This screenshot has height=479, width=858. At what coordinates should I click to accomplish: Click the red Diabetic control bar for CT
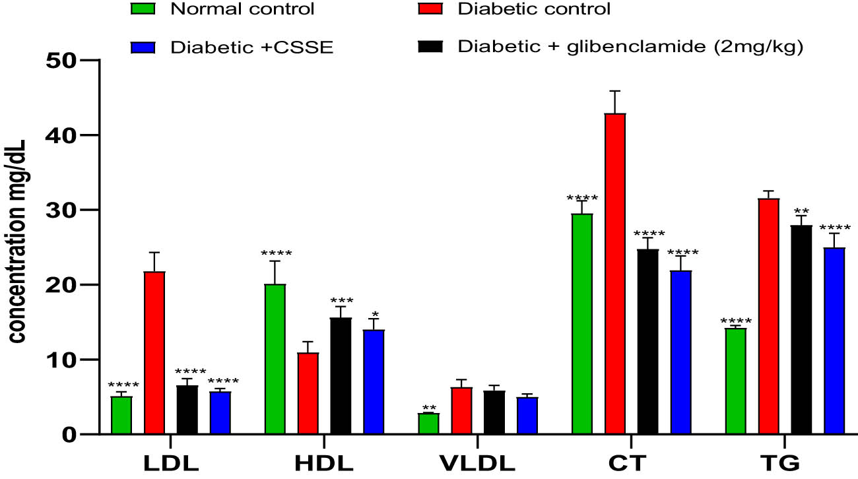pos(615,274)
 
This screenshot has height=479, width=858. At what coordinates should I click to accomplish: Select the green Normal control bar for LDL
pos(121,415)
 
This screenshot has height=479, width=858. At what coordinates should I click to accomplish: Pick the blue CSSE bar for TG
pos(834,340)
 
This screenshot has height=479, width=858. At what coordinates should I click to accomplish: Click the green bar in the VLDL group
pos(428,424)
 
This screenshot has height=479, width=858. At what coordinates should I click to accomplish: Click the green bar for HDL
pos(275,359)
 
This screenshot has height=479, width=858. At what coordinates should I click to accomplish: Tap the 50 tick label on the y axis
pos(62,60)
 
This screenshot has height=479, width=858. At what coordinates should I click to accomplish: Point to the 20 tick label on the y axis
pos(62,285)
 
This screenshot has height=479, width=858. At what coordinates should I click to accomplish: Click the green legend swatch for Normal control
pos(144,9)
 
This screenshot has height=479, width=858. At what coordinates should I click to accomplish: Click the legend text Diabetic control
pos(534,9)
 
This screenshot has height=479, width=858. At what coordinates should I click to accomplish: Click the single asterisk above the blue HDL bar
pos(374,313)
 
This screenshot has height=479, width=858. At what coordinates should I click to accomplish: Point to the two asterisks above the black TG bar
pos(801,211)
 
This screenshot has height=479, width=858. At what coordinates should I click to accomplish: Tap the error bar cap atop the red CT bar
pos(615,91)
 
